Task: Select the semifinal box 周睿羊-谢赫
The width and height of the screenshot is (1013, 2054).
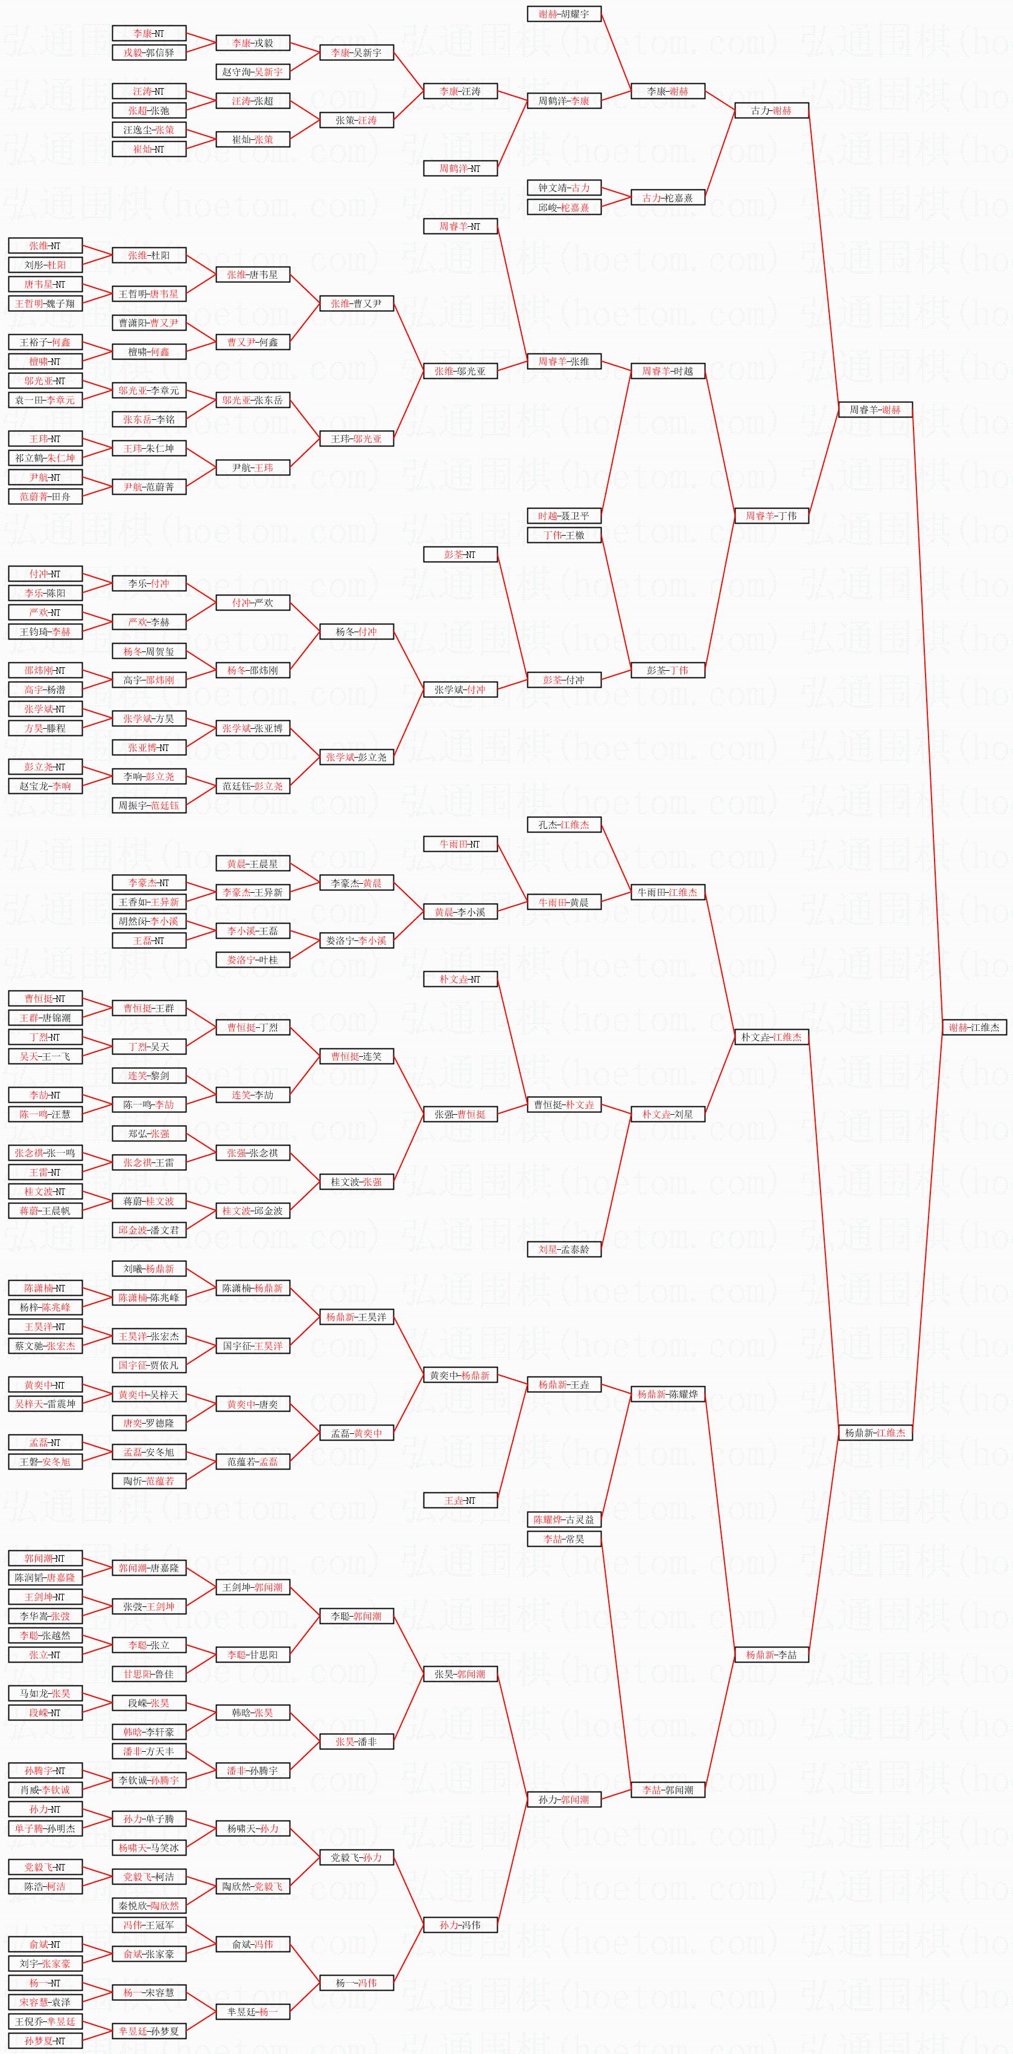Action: pos(875,410)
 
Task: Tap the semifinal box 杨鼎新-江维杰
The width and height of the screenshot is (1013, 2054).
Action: pos(875,1433)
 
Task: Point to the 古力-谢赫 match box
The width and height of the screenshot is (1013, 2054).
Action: pos(771,111)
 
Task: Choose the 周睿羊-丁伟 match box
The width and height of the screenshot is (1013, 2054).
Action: pos(771,516)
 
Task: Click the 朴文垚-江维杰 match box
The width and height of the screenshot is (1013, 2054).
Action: pos(771,1036)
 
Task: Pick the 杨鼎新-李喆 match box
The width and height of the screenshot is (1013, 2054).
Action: pos(771,1655)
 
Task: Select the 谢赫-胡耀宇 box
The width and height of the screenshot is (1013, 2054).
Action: pos(564,14)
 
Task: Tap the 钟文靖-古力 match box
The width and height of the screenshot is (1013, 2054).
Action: pos(564,188)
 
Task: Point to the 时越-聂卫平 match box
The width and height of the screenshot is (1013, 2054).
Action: pos(564,516)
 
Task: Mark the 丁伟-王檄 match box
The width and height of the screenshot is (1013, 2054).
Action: pos(564,535)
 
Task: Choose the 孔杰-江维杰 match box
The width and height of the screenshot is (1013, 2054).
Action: pos(564,825)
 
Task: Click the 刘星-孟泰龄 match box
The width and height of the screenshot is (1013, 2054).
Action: pos(564,1249)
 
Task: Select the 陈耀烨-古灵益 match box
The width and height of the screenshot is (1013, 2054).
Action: pos(564,1520)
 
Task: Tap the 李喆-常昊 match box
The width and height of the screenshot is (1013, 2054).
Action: pos(564,1539)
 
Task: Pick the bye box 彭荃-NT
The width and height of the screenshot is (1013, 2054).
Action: pos(460,554)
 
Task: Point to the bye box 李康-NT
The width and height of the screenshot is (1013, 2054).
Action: pos(149,34)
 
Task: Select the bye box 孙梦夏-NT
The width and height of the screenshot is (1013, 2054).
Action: pos(45,2041)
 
